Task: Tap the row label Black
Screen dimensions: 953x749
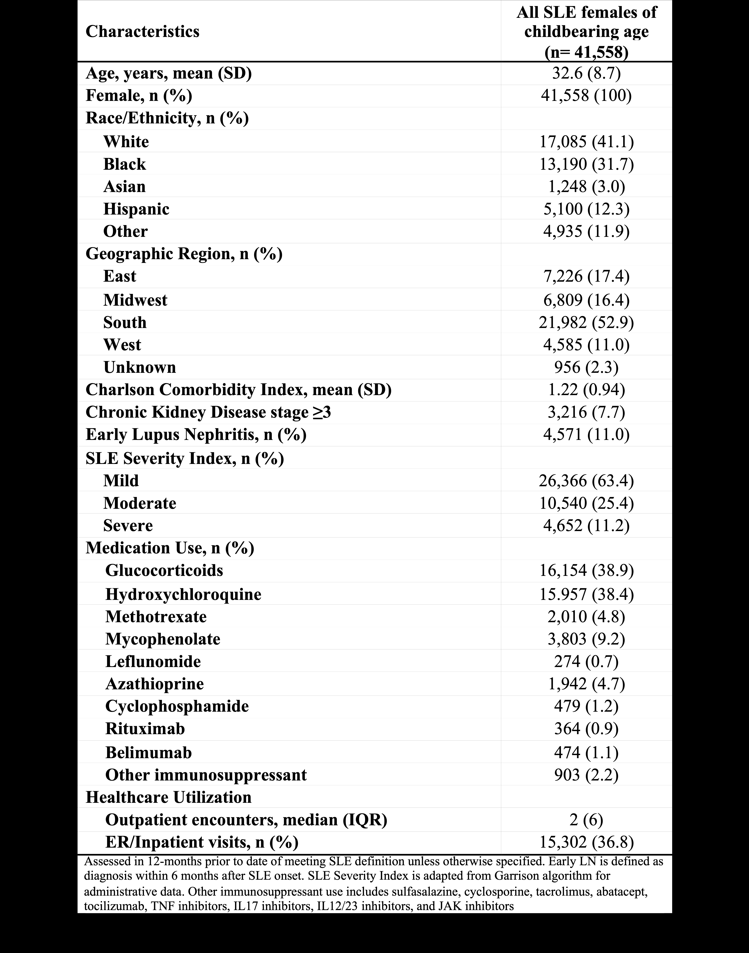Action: coord(124,164)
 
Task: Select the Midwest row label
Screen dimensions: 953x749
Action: coord(135,300)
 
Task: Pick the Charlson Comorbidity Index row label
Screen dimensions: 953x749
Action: coord(238,390)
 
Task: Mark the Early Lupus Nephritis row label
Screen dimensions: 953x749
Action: coord(195,434)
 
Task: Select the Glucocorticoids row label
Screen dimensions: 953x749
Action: coord(164,570)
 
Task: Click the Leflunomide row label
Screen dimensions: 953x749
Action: coord(153,661)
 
